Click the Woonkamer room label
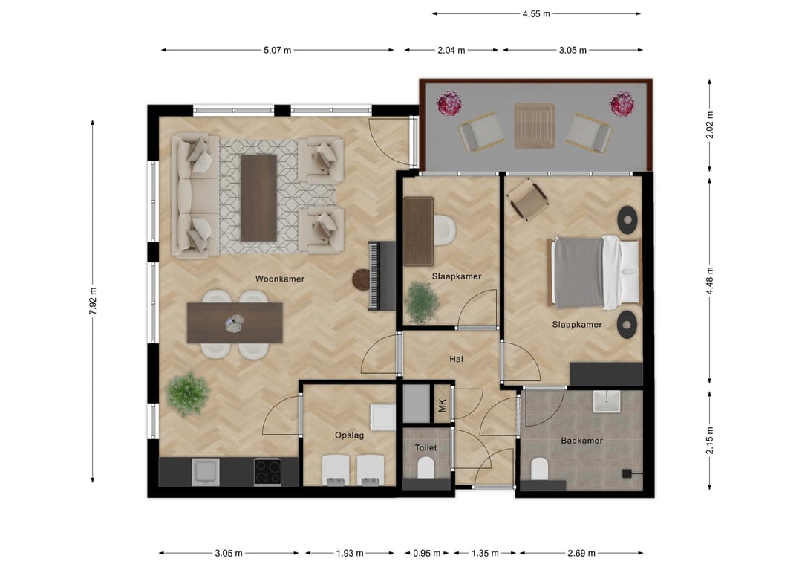(280, 279)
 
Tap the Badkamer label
(581, 441)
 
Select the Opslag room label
(349, 435)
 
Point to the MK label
(443, 406)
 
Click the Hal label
(456, 359)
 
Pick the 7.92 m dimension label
(93, 301)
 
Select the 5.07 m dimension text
(277, 50)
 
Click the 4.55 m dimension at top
(536, 14)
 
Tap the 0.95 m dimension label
(426, 553)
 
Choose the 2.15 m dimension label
(710, 440)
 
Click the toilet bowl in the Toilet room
(426, 467)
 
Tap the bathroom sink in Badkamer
(607, 402)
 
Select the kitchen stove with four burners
(267, 472)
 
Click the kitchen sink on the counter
(206, 472)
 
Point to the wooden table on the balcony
(535, 126)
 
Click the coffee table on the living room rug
(259, 198)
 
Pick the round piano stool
(362, 280)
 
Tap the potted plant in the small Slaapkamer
(423, 303)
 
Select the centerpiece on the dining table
(234, 323)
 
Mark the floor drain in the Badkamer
(627, 474)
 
